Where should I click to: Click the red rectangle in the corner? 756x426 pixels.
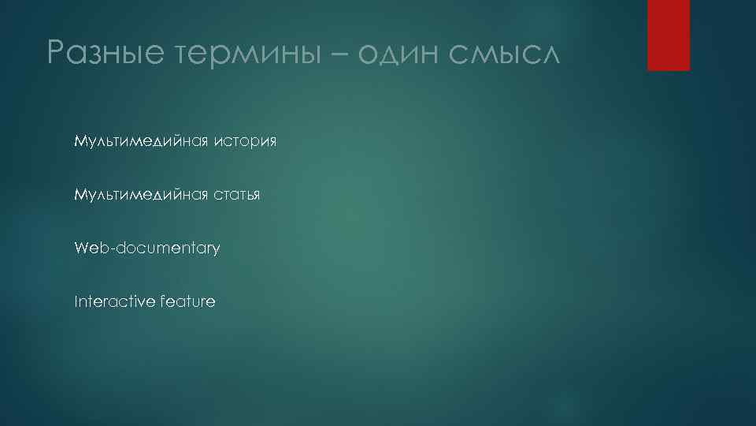click(x=668, y=35)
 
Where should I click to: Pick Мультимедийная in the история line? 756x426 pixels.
click(x=141, y=141)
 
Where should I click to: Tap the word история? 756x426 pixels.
click(x=245, y=141)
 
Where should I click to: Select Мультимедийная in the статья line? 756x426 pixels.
click(x=141, y=195)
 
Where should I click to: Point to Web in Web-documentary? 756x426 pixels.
click(x=92, y=248)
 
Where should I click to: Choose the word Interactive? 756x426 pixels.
click(x=113, y=301)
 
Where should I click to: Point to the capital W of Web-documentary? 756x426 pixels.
click(x=81, y=248)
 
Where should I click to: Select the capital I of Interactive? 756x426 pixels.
click(x=76, y=301)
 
